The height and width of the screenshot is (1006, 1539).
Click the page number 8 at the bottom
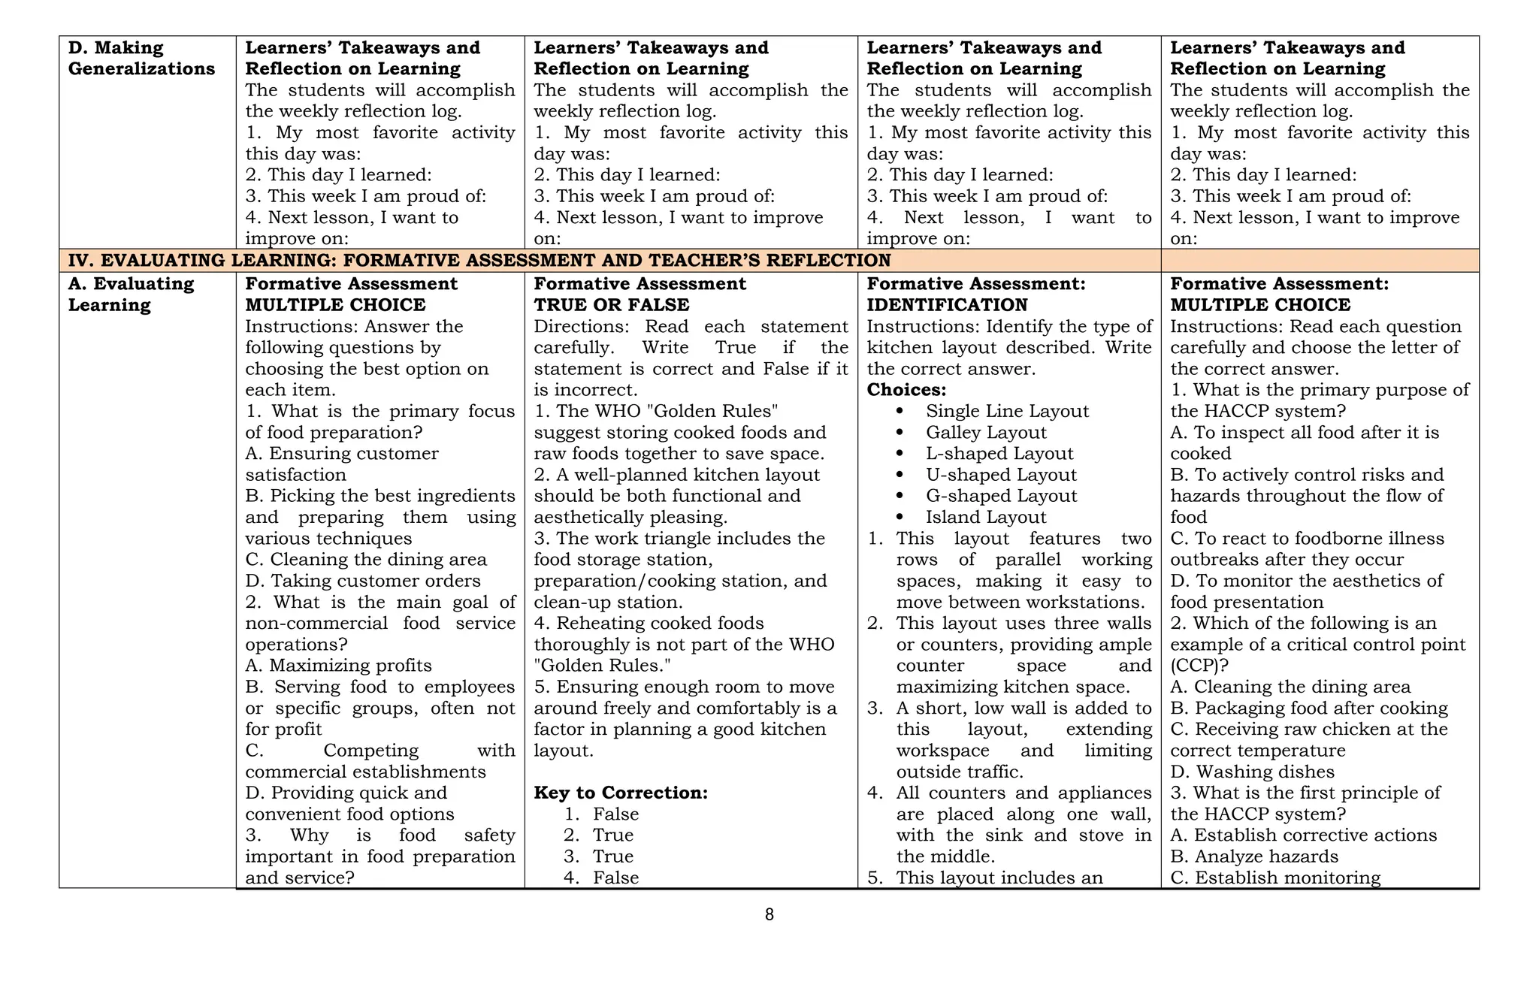tap(769, 914)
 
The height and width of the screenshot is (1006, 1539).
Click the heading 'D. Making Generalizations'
tap(141, 59)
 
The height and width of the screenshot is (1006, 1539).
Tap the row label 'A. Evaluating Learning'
tap(131, 295)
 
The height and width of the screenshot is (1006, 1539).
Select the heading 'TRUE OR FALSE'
tap(611, 305)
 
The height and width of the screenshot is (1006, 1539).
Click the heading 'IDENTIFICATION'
tap(947, 305)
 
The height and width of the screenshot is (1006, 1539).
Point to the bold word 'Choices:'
tap(906, 390)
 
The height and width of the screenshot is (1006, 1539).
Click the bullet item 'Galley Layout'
tap(986, 433)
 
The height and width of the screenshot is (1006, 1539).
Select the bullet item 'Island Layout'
tap(986, 518)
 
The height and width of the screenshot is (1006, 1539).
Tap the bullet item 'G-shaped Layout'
tap(1001, 496)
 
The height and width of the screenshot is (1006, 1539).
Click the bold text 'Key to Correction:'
tap(621, 793)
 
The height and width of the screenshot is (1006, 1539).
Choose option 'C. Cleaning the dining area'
tap(366, 560)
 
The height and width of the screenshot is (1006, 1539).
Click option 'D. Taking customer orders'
tap(363, 581)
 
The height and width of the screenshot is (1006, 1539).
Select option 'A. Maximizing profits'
tap(339, 666)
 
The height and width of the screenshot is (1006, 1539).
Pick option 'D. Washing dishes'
tap(1252, 772)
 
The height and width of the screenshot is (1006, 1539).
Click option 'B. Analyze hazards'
tap(1254, 857)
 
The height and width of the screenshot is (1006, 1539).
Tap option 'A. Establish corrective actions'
tap(1303, 835)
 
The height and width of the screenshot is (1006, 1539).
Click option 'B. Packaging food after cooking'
tap(1308, 708)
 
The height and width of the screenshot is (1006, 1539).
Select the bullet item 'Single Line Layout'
tap(1007, 412)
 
